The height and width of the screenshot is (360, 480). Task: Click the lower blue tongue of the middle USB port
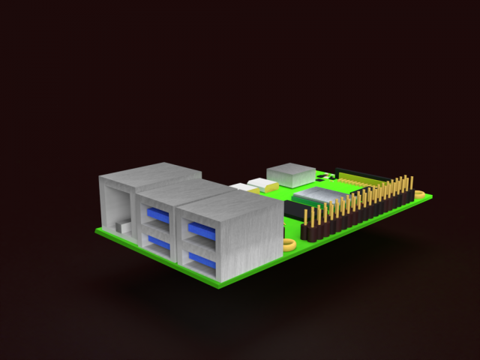pyautogui.click(x=157, y=241)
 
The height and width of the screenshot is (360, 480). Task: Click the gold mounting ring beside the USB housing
pyautogui.click(x=289, y=244)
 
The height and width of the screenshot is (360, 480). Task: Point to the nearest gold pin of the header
pyautogui.click(x=306, y=219)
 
